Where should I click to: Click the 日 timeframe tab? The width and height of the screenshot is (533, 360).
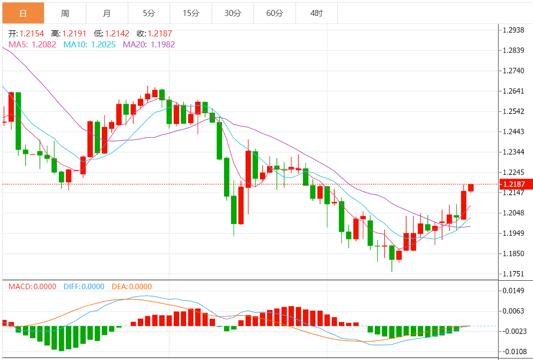[x=23, y=13]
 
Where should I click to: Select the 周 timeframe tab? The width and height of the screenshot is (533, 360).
[x=65, y=13]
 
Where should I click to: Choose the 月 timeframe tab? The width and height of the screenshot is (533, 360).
[x=107, y=13]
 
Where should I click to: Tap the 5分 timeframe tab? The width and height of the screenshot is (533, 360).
[x=149, y=13]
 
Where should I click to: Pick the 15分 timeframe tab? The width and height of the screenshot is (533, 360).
[x=191, y=13]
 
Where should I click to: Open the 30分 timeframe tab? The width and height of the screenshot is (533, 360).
[x=233, y=13]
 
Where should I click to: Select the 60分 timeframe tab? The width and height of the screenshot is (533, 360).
[x=274, y=13]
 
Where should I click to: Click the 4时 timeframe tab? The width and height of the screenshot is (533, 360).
[x=316, y=13]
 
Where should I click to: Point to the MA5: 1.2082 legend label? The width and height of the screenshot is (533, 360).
[x=33, y=44]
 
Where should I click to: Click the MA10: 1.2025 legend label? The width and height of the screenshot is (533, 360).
[x=90, y=44]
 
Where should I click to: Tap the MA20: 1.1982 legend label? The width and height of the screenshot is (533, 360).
[x=149, y=44]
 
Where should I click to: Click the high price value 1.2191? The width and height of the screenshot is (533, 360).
[x=74, y=34]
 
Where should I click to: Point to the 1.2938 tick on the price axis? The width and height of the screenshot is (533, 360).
[x=514, y=30]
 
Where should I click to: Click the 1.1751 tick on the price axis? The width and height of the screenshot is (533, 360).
[x=514, y=274]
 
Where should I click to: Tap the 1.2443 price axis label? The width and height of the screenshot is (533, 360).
[x=514, y=132]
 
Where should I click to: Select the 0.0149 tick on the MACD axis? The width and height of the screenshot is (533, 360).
[x=514, y=291]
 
